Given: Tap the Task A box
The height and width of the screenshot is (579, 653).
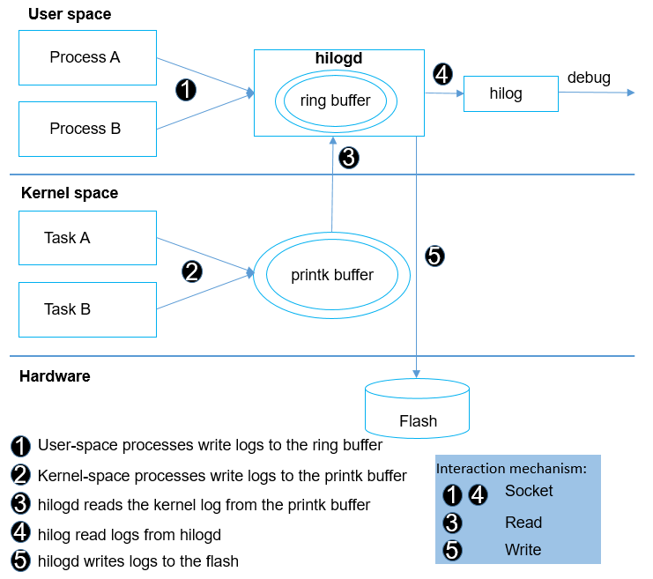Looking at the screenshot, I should click(x=87, y=238).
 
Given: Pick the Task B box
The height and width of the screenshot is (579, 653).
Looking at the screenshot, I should click(x=87, y=309).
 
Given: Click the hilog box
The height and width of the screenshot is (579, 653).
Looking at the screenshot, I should click(x=510, y=93).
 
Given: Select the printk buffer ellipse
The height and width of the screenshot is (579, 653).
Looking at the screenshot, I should click(x=332, y=276).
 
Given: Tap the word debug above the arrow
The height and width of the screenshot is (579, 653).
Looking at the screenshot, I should click(x=589, y=78).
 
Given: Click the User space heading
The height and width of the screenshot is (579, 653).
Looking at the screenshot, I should click(x=70, y=14).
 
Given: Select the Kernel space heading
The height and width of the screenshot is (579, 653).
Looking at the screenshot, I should click(x=70, y=193).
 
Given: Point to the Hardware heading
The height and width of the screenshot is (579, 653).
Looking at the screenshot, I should click(x=55, y=376).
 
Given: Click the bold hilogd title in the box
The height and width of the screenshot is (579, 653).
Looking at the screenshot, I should click(x=339, y=58).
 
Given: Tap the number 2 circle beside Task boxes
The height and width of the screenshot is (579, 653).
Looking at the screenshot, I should click(x=192, y=271).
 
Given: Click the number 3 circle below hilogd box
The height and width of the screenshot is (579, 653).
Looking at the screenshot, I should click(x=349, y=158).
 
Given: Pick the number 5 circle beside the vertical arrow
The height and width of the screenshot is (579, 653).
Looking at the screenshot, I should click(x=434, y=256).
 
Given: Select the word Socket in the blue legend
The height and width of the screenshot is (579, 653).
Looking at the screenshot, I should click(x=529, y=491).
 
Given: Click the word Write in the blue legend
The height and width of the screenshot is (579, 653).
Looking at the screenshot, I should click(x=523, y=550).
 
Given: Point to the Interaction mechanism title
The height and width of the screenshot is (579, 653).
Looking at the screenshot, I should click(x=512, y=469).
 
